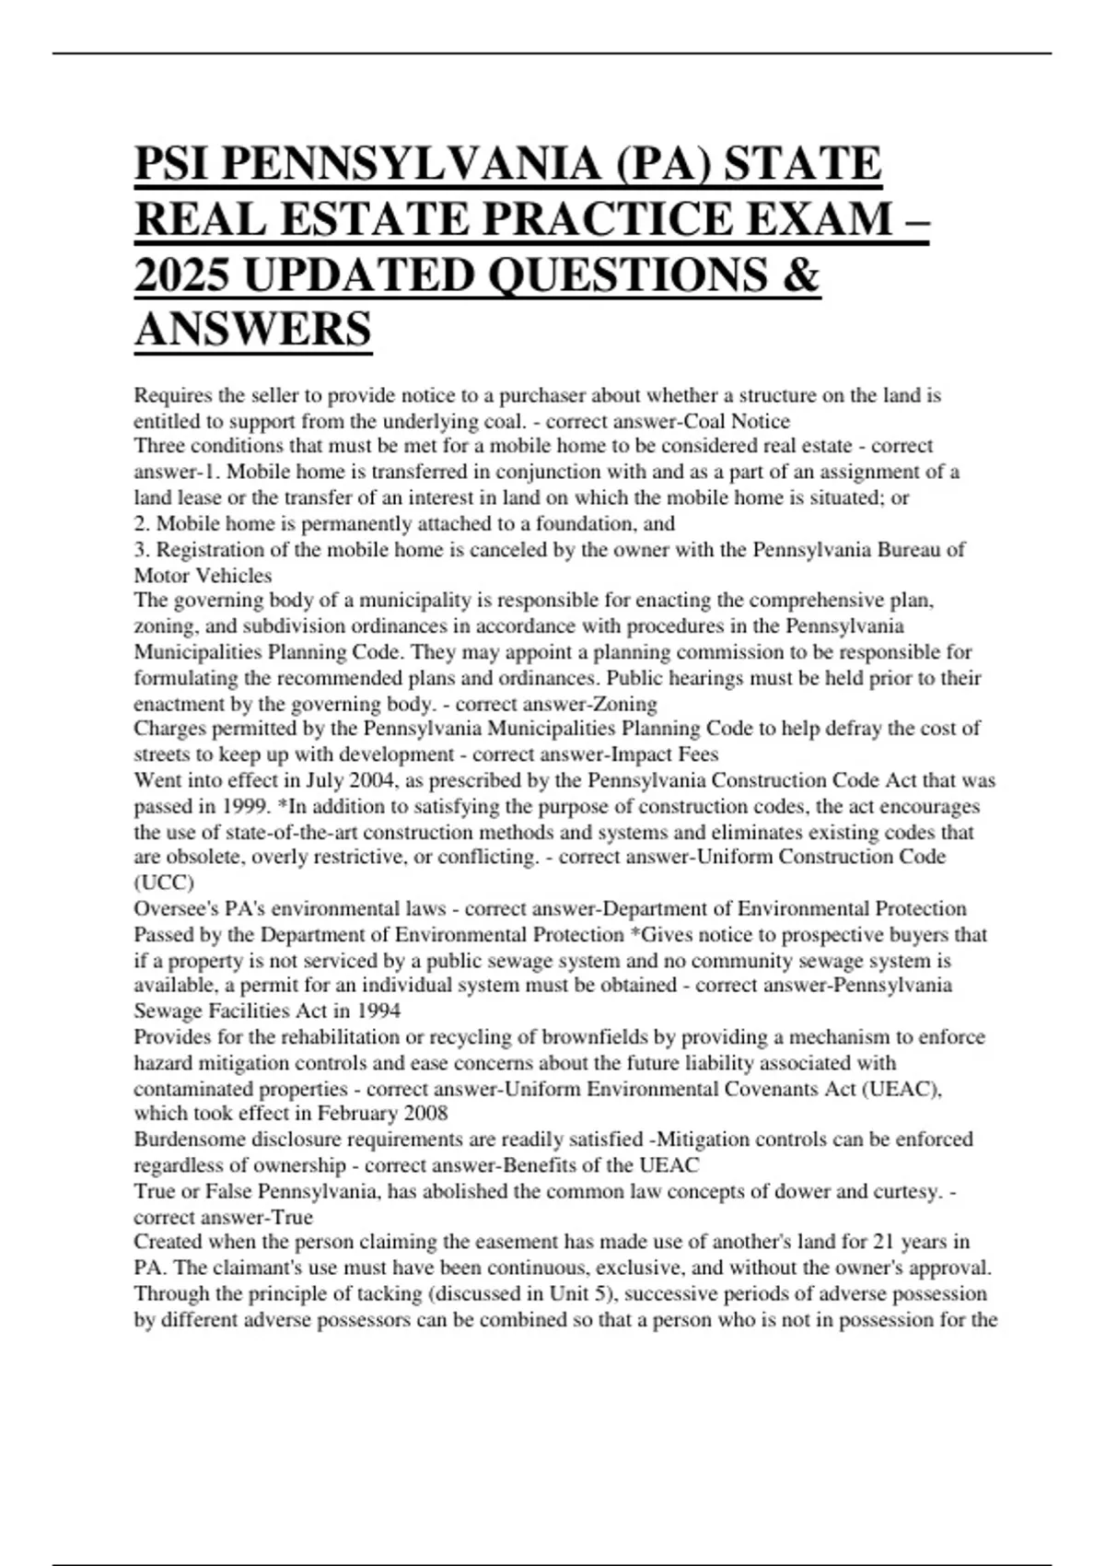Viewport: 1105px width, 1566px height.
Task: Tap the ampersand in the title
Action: [x=799, y=275]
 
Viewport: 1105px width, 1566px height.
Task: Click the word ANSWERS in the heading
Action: [x=253, y=329]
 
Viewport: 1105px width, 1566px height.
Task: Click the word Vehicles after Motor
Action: [x=238, y=576]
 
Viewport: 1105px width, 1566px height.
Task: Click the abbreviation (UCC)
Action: [x=164, y=882]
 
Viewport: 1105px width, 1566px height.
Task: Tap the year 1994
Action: [x=378, y=1011]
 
